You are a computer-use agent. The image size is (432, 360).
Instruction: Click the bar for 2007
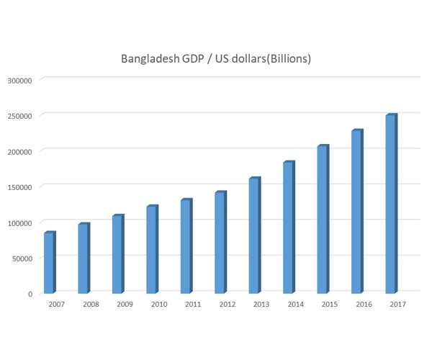pyautogui.click(x=49, y=263)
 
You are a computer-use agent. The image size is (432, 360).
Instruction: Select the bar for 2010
pyautogui.click(x=151, y=250)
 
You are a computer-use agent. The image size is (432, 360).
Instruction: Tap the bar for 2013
pyautogui.click(x=254, y=235)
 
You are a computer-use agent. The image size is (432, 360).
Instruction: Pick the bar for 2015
pyautogui.click(x=323, y=220)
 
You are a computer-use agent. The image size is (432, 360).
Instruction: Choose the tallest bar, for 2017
pyautogui.click(x=391, y=204)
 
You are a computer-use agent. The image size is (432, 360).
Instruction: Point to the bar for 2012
pyautogui.click(x=220, y=243)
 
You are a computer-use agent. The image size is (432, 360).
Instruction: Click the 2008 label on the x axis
pyautogui.click(x=91, y=305)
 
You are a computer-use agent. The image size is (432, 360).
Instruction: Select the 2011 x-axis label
pyautogui.click(x=193, y=305)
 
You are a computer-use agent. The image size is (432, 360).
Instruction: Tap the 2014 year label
pyautogui.click(x=295, y=305)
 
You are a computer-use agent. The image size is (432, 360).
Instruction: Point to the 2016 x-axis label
pyautogui.click(x=364, y=305)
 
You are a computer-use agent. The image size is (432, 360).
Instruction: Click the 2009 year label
pyautogui.click(x=125, y=305)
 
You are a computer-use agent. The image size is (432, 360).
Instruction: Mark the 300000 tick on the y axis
pyautogui.click(x=21, y=80)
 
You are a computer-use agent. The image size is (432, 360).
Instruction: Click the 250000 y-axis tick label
pyautogui.click(x=21, y=116)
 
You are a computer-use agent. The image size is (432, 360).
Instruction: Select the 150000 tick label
pyautogui.click(x=21, y=186)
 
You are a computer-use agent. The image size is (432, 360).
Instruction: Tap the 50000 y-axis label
pyautogui.click(x=23, y=258)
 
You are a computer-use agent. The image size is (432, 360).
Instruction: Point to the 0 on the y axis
pyautogui.click(x=30, y=294)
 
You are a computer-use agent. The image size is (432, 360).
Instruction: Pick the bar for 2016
pyautogui.click(x=356, y=212)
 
